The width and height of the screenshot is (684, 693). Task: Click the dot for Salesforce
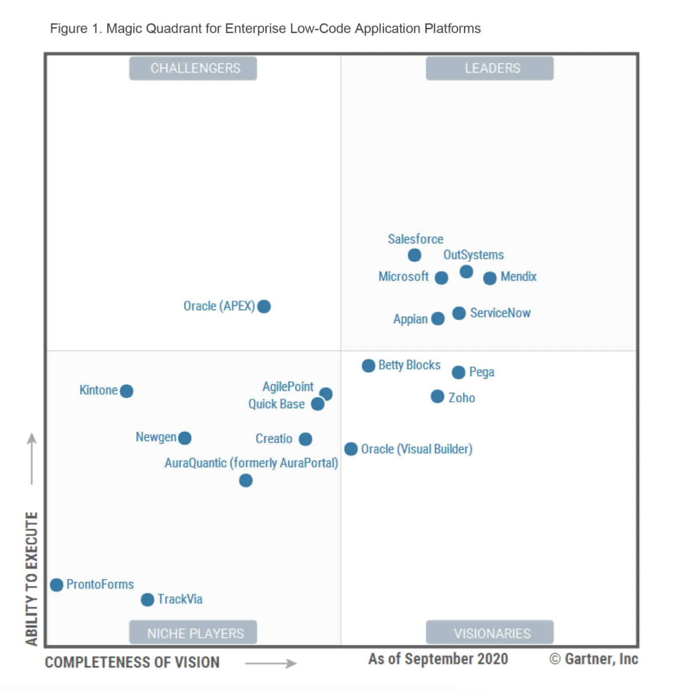tap(415, 255)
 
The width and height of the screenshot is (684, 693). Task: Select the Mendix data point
tap(490, 278)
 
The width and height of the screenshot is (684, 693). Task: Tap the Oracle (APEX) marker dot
tap(264, 306)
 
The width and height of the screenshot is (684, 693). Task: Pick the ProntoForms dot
tap(56, 585)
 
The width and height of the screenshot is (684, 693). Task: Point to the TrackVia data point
tap(147, 599)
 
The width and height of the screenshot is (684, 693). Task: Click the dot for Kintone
tap(127, 391)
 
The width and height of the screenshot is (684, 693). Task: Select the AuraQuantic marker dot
tap(246, 481)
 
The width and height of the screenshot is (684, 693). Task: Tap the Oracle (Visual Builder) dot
tap(351, 449)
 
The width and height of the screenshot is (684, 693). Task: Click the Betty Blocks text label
tap(409, 365)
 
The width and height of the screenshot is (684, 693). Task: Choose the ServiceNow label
tap(500, 313)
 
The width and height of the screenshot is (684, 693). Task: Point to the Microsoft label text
tap(404, 277)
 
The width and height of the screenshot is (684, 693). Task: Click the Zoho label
tap(462, 398)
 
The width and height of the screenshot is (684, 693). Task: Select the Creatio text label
tap(274, 439)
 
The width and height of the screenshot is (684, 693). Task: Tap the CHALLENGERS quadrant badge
tap(193, 69)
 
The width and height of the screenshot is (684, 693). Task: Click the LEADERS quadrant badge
tap(489, 69)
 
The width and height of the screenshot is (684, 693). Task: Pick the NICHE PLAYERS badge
tap(193, 633)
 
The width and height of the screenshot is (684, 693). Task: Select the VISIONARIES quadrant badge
tap(489, 633)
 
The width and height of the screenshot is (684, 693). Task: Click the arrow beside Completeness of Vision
tap(271, 663)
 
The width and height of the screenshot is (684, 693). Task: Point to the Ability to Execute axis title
tap(31, 578)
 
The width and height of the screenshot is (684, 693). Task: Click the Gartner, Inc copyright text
tap(594, 659)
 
